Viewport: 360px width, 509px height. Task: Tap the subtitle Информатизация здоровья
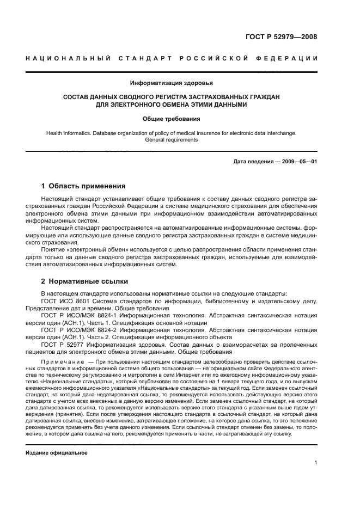coord(172,83)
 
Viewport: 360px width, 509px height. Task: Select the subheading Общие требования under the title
coord(172,118)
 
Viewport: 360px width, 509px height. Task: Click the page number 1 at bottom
coord(315,463)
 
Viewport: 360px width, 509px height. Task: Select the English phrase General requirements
coord(172,139)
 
